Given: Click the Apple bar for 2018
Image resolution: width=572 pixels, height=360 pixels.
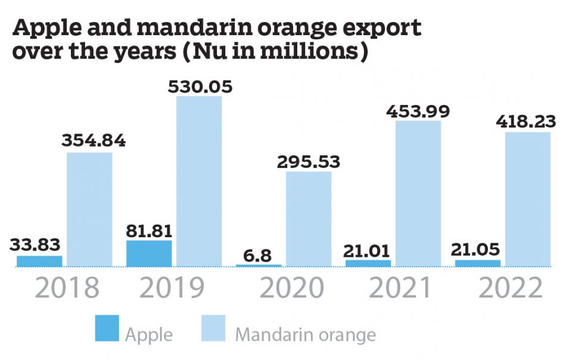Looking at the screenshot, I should coord(39,260).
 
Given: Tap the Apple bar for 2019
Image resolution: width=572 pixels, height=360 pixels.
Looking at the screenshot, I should coord(149,253).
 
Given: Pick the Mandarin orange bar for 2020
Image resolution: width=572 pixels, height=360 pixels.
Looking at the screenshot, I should coord(309,219).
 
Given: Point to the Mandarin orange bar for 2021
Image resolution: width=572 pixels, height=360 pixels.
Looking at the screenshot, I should coord(418,193).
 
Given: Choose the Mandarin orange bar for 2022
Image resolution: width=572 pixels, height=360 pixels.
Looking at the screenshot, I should coord(527,199).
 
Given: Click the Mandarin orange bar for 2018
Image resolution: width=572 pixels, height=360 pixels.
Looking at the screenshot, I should coord(89,209).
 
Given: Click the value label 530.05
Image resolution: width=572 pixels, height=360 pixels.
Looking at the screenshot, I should coord(199,87).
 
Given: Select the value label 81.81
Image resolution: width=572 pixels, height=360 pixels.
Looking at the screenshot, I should coord(149,230).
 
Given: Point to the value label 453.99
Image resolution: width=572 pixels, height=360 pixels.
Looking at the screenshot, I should coord(418,111).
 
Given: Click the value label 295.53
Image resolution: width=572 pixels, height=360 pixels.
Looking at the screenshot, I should coord(308,162).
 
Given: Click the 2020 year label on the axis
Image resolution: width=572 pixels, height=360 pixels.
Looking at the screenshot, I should coord(293,288).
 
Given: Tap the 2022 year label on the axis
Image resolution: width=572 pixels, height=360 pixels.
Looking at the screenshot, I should coord(511,288).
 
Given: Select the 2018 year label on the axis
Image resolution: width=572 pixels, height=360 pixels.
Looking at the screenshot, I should coord(67,288).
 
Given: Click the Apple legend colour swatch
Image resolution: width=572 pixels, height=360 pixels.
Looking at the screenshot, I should coord(107,328).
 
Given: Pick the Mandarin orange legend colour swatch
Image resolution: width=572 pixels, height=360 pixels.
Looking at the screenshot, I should coord(216,328).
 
